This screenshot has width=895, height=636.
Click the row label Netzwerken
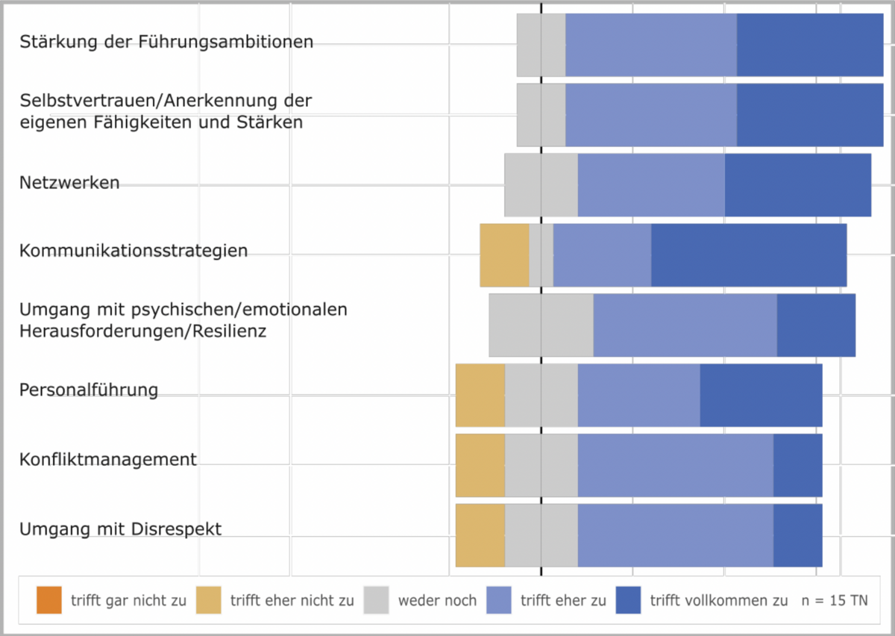[x=69, y=183]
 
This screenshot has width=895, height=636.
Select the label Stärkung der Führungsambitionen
[x=166, y=42]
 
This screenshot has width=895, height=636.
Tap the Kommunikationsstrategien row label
[x=134, y=251]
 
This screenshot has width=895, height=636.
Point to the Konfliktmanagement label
[x=108, y=459]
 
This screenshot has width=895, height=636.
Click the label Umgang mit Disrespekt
[x=120, y=530]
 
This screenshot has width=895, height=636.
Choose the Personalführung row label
[x=89, y=390]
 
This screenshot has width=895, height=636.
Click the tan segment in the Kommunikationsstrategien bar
[x=504, y=255]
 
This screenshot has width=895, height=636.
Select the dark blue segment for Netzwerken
[x=797, y=184]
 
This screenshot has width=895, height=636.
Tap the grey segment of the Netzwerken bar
[x=541, y=184]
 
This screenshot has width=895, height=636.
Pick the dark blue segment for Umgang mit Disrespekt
[x=797, y=535]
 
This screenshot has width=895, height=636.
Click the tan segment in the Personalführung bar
[x=480, y=395]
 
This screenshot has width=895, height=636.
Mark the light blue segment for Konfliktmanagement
[x=675, y=465]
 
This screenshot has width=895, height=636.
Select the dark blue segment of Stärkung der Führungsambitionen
[x=810, y=45]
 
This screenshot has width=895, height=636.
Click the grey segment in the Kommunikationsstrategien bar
[x=541, y=255]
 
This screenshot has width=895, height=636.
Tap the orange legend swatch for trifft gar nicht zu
[x=49, y=600]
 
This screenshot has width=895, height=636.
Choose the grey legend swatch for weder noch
[x=377, y=600]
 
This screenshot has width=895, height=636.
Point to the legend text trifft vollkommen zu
[x=718, y=601]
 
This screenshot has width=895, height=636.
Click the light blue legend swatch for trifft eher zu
[x=499, y=600]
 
